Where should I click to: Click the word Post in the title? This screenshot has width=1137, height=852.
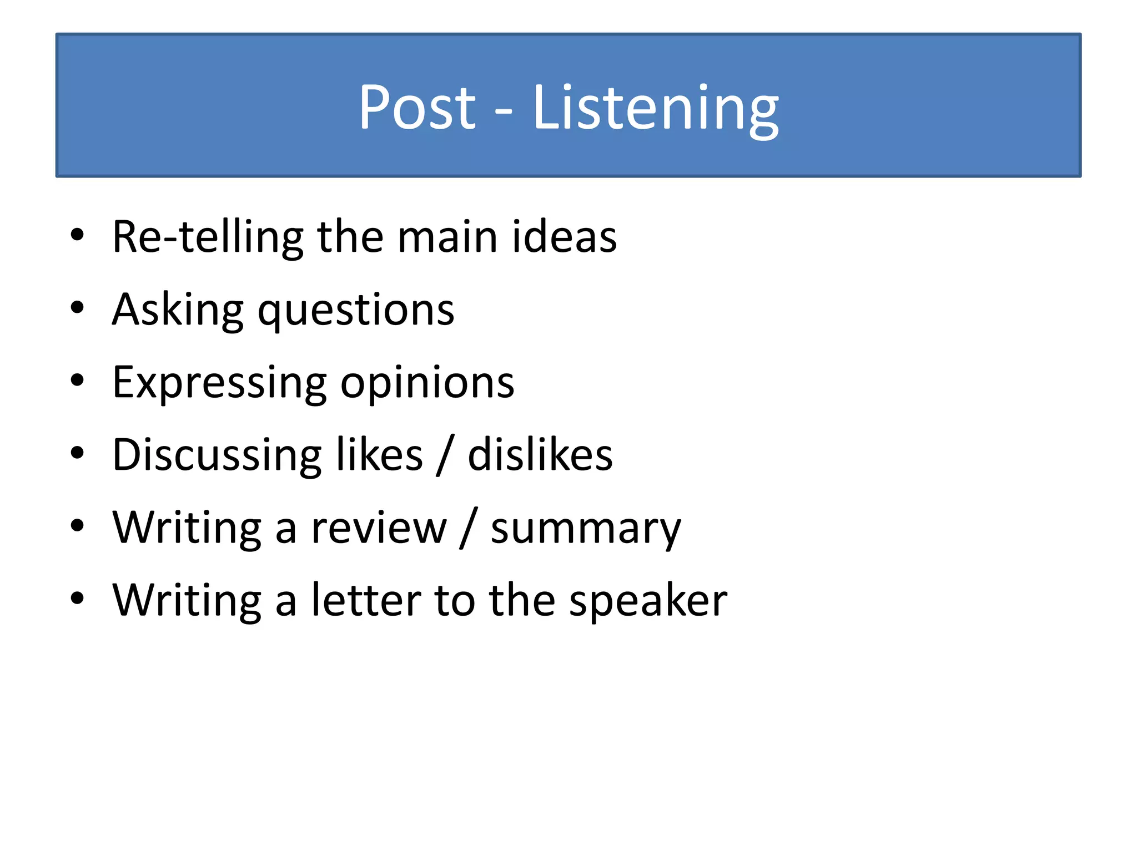(417, 107)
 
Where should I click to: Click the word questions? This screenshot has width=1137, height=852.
(356, 312)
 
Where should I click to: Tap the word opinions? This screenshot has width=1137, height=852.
(427, 384)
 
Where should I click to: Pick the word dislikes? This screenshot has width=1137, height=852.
(540, 455)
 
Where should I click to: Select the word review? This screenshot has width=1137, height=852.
(379, 528)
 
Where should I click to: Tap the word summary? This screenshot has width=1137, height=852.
(586, 530)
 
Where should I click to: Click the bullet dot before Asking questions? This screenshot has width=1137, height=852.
(77, 307)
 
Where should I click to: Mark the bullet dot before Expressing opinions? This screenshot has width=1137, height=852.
(77, 381)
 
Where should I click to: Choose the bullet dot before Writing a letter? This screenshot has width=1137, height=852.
(77, 599)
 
